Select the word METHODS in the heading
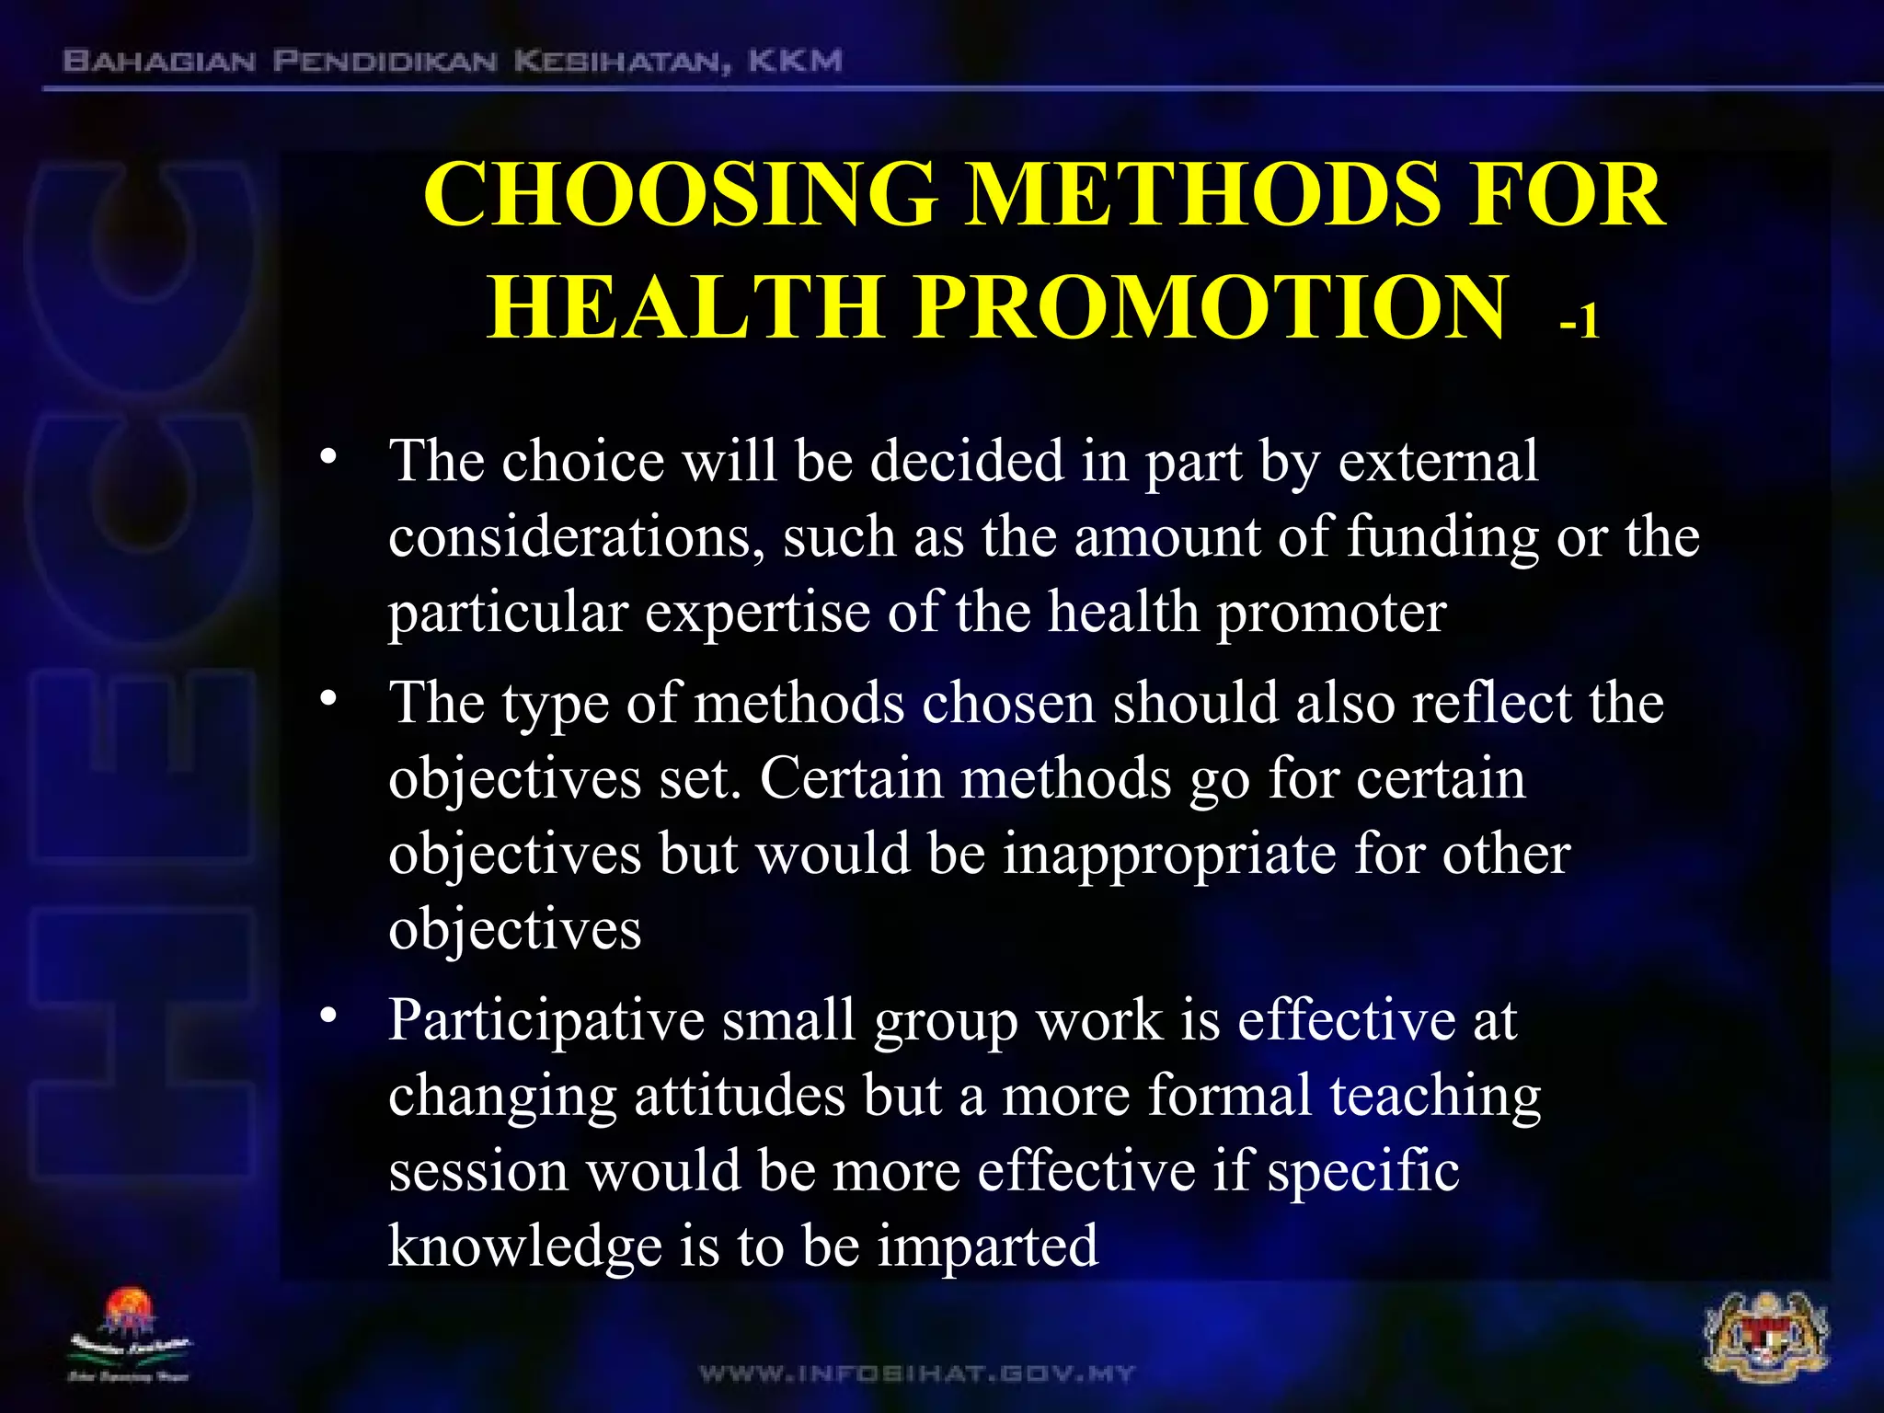(1201, 195)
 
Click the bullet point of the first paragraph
(328, 457)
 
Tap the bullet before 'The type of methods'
(328, 700)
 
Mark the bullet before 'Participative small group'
(328, 1017)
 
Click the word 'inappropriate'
(1168, 854)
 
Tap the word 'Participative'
(546, 1021)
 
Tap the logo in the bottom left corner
(129, 1334)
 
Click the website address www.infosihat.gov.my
(917, 1374)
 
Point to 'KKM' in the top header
(795, 62)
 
